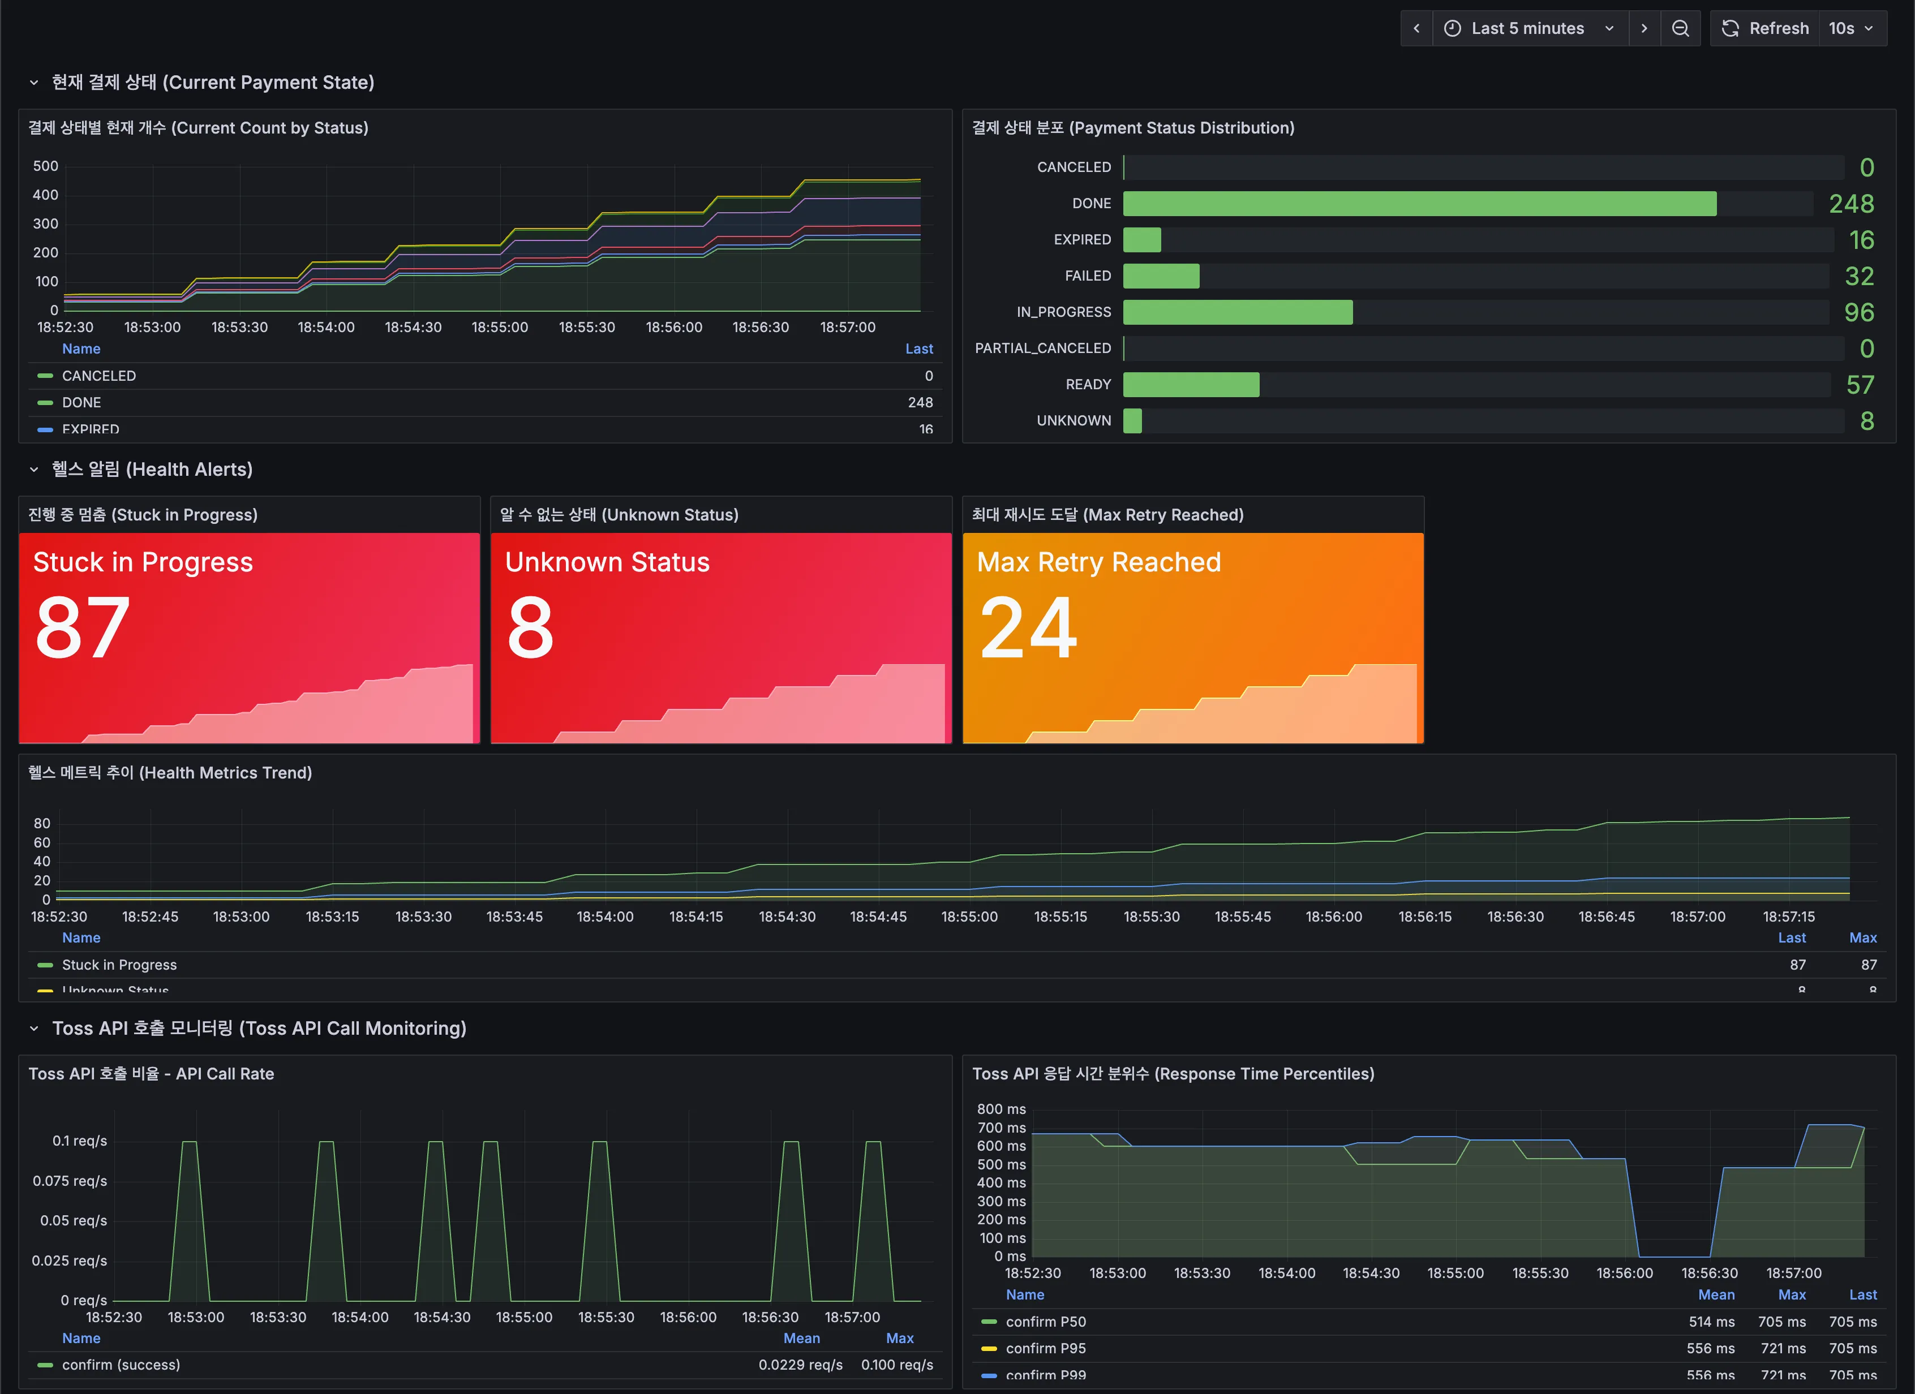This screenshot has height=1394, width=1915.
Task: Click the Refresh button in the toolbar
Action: click(x=1766, y=28)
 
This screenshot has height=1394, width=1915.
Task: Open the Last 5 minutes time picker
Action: click(x=1529, y=28)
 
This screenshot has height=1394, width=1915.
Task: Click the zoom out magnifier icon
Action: click(x=1680, y=28)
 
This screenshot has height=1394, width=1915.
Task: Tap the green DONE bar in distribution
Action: click(x=1419, y=204)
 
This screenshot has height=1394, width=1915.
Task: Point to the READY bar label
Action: click(x=1088, y=384)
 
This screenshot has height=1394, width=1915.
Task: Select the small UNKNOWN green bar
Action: click(x=1132, y=420)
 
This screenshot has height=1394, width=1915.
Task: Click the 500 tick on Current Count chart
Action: click(x=46, y=166)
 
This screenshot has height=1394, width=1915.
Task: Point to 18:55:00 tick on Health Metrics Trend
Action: click(x=969, y=916)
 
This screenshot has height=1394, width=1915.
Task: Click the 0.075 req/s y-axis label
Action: click(x=70, y=1180)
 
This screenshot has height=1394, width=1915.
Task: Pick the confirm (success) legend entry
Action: click(x=121, y=1365)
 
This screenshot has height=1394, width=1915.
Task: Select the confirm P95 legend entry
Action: click(x=1045, y=1348)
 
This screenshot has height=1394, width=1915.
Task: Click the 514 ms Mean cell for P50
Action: click(x=1711, y=1322)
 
